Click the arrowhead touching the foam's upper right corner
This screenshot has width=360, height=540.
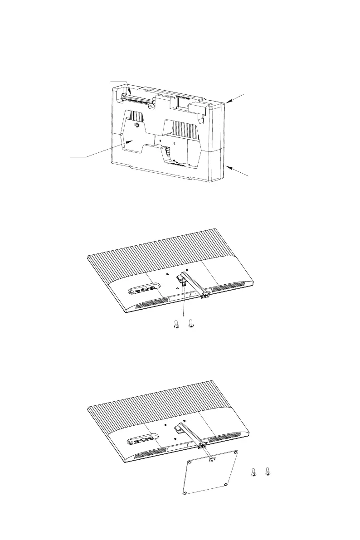point(226,103)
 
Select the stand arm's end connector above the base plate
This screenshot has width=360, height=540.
point(203,446)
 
